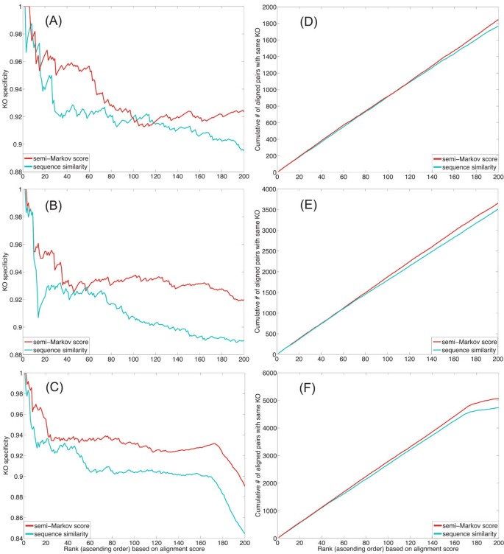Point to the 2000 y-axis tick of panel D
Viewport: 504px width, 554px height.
(266, 7)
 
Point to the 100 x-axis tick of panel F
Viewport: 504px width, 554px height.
(387, 546)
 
